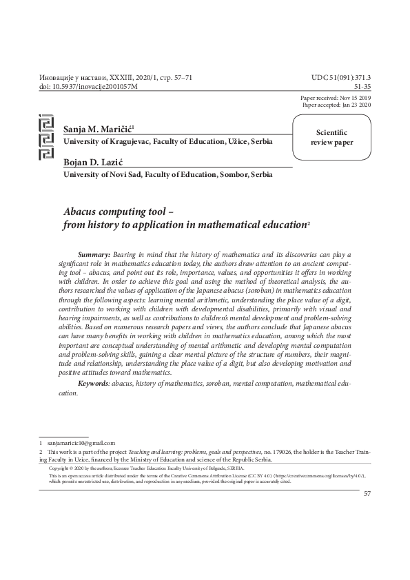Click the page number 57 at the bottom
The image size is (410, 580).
(367, 494)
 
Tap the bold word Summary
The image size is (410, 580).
(94, 255)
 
